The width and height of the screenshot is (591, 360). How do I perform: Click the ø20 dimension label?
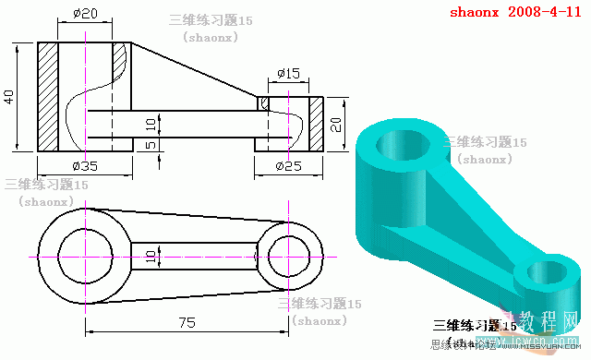coord(84,14)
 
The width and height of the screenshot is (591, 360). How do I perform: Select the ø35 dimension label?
coord(85,166)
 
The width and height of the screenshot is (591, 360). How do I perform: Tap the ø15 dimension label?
coord(288,73)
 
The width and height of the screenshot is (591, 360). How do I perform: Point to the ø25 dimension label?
coord(289,166)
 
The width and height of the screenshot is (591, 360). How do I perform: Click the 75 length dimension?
coord(187,322)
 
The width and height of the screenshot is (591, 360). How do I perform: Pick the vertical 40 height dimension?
coord(9,97)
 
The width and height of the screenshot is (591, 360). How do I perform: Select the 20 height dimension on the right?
coord(337,125)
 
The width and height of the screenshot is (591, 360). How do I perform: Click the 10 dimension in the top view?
coord(151,255)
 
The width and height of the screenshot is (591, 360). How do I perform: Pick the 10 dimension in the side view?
coord(151,123)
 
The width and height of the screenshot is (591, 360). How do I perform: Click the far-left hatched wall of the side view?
coord(47,97)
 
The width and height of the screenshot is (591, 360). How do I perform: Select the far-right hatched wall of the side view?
coord(315,125)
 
